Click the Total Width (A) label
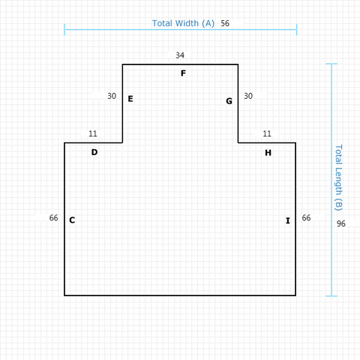click(x=183, y=23)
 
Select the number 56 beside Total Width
click(x=225, y=23)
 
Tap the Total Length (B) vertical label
click(x=338, y=178)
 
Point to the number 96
click(x=341, y=223)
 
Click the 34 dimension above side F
click(x=180, y=55)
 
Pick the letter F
click(x=183, y=73)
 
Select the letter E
click(x=130, y=99)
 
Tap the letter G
click(x=229, y=101)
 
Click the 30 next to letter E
click(x=112, y=96)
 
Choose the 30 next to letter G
click(x=248, y=96)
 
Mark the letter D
click(x=94, y=152)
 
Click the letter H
click(x=268, y=153)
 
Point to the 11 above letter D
click(x=93, y=133)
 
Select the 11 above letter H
click(x=267, y=133)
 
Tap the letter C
click(x=72, y=220)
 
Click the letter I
click(x=288, y=220)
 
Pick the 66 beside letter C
click(x=54, y=218)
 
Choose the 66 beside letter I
click(x=306, y=218)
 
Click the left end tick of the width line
click(x=64, y=29)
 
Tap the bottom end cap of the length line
click(x=331, y=296)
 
